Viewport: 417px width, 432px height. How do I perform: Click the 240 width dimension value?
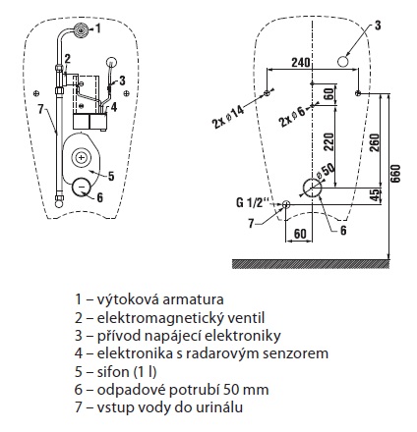pyautogui.click(x=301, y=62)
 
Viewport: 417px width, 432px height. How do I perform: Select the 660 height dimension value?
pyautogui.click(x=395, y=174)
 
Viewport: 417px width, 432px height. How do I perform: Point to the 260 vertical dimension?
pyautogui.click(x=375, y=143)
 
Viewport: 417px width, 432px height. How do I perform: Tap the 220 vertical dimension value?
pyautogui.click(x=328, y=142)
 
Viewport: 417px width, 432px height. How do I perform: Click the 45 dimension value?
pyautogui.click(x=375, y=194)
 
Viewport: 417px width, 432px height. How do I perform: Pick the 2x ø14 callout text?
pyautogui.click(x=228, y=117)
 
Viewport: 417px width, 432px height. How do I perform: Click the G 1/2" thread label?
pyautogui.click(x=250, y=202)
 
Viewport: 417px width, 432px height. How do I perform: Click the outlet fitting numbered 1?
pyautogui.click(x=80, y=29)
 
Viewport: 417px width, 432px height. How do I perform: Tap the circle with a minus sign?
pyautogui.click(x=82, y=187)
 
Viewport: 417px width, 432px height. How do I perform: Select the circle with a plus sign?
pyautogui.click(x=81, y=158)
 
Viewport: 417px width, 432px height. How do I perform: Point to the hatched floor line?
pyautogui.click(x=311, y=264)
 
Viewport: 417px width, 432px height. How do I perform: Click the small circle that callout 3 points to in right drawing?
pyautogui.click(x=342, y=61)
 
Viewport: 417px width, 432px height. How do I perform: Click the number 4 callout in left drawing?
pyautogui.click(x=113, y=107)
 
